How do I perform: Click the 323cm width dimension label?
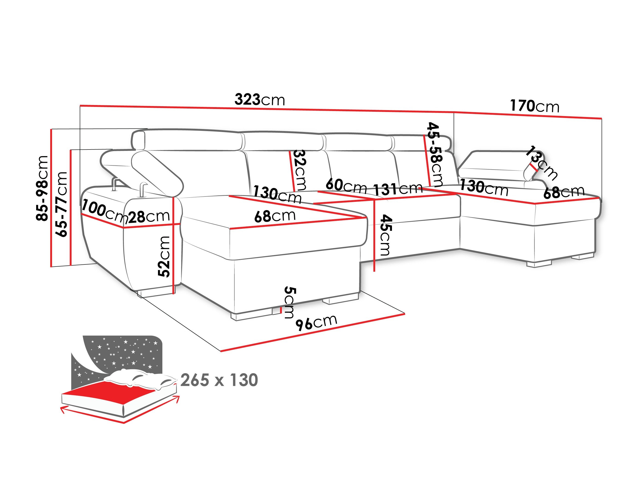pos(260,100)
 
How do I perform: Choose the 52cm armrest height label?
pos(164,256)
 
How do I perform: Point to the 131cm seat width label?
pos(398,189)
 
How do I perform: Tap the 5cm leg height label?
pos(289,302)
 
